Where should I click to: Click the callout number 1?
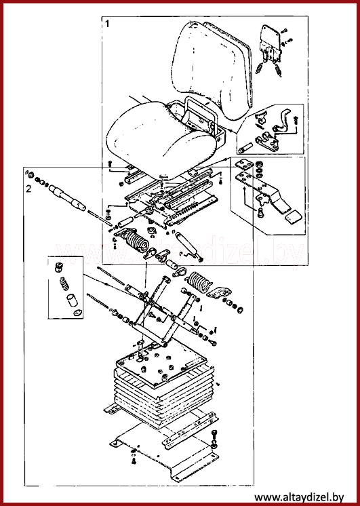[107, 24]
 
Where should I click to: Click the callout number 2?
[28, 189]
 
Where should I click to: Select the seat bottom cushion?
[161, 140]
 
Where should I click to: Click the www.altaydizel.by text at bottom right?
[299, 497]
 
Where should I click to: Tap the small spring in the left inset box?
[64, 284]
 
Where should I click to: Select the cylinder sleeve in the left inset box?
[73, 300]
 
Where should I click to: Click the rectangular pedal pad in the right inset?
[294, 218]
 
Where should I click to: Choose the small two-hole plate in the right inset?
[244, 165]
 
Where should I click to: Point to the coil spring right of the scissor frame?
[199, 281]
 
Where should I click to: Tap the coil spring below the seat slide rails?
[136, 241]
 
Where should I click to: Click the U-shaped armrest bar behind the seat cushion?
[201, 113]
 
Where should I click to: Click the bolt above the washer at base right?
[214, 434]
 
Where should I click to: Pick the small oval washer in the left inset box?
[78, 313]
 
